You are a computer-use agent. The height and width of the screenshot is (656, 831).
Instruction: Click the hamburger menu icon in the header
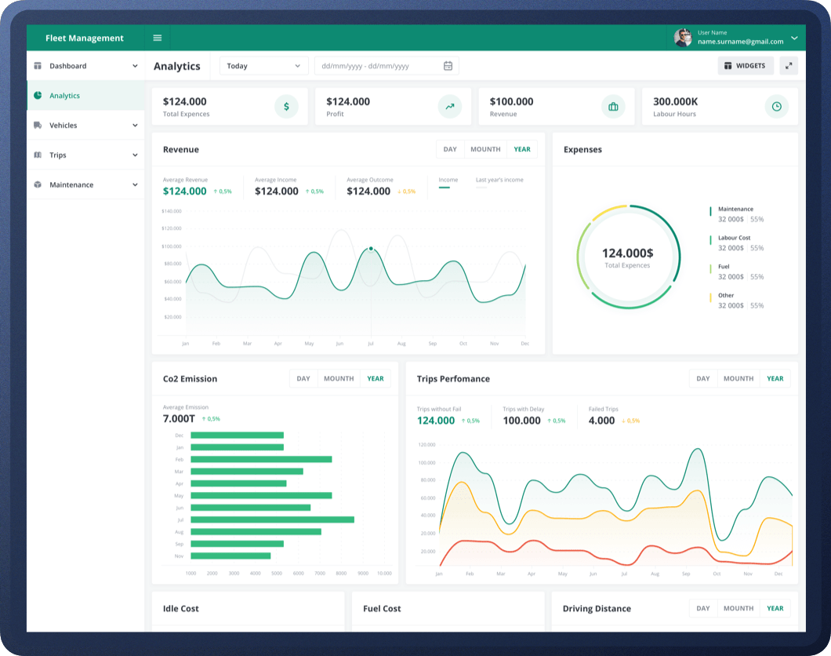pos(157,38)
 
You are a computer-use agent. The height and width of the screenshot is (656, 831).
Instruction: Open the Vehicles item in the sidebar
pos(63,126)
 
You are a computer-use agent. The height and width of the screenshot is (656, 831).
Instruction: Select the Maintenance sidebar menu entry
pos(71,185)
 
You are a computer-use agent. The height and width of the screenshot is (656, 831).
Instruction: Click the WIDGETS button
pos(745,66)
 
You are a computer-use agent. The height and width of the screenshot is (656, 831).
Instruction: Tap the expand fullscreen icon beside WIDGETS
pos(789,66)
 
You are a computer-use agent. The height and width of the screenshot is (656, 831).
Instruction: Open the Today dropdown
pos(263,66)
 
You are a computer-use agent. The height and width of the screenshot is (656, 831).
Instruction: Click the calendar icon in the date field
pos(448,66)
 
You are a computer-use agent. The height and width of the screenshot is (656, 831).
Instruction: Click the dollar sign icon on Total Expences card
pos(286,107)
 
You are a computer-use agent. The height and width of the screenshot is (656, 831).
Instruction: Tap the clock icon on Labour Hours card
pos(776,107)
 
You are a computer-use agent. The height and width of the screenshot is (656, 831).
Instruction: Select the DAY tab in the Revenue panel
pos(450,149)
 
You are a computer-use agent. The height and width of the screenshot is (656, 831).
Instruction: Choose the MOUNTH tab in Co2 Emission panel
pos(339,378)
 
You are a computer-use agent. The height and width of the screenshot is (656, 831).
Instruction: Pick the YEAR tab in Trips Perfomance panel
pos(775,378)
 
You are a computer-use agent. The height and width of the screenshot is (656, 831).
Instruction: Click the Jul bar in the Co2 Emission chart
pos(272,519)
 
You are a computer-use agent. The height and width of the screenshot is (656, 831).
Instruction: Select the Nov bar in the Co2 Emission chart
pos(230,556)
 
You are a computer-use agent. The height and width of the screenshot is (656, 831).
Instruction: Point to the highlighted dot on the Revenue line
pos(371,249)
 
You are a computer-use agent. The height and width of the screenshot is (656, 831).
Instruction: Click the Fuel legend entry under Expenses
pos(724,267)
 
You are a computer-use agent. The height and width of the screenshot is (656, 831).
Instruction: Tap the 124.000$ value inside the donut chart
pos(627,253)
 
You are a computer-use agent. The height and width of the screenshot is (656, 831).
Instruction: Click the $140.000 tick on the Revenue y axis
pos(171,211)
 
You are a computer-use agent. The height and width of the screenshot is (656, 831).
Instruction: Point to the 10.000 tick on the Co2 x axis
pos(384,574)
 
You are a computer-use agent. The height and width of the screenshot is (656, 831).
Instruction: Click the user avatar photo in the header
pos(683,38)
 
